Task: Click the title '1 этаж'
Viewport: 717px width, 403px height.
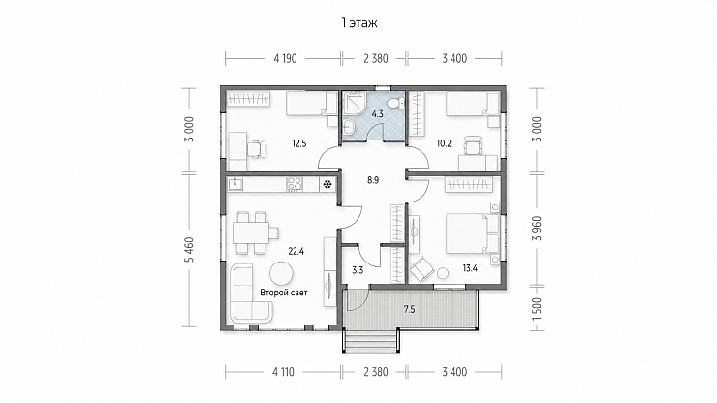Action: (x=358, y=23)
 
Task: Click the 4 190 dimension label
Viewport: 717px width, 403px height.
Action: (x=285, y=58)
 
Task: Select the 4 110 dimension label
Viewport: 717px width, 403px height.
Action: (x=284, y=372)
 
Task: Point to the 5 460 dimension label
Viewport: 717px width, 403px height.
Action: (x=190, y=249)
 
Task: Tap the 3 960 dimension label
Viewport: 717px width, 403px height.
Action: (x=538, y=229)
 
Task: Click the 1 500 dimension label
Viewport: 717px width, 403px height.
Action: (x=538, y=309)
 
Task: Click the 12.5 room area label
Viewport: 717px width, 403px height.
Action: (x=299, y=143)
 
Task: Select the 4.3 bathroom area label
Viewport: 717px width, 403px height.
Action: (x=377, y=114)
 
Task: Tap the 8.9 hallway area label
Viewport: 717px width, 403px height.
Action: (x=373, y=180)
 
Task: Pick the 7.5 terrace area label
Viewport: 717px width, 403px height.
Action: (x=409, y=310)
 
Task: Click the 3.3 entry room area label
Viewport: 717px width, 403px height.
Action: (x=358, y=270)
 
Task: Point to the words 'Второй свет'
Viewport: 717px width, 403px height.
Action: (x=284, y=293)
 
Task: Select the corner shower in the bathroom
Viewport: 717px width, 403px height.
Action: (x=355, y=104)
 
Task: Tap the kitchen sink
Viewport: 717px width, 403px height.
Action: (x=236, y=184)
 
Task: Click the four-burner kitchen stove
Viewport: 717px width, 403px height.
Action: (x=295, y=185)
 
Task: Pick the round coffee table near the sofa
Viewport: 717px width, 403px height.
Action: (x=282, y=274)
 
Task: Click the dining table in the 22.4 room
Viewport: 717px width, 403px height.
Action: (x=250, y=232)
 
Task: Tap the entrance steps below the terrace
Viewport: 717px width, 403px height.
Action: (x=370, y=341)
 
